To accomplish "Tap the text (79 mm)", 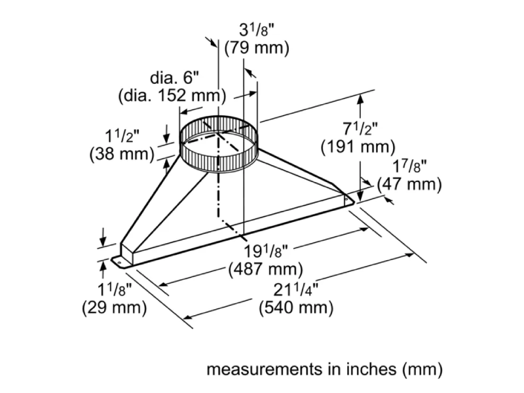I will (x=256, y=48).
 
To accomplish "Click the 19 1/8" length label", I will (x=267, y=252).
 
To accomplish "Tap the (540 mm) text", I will (x=297, y=307).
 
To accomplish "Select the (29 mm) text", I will (x=113, y=307).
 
